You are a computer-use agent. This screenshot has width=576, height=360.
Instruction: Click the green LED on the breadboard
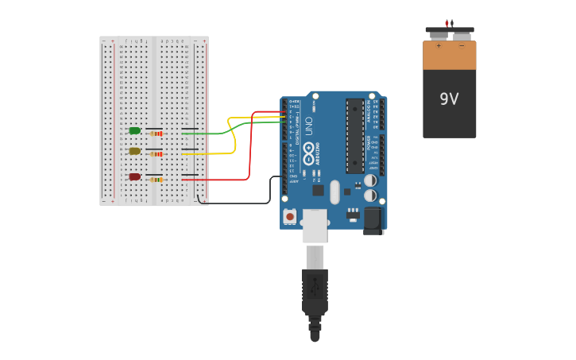pos(135,130)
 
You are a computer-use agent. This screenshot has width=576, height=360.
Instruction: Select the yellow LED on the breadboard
pos(135,151)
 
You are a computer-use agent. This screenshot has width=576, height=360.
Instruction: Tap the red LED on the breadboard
pos(135,176)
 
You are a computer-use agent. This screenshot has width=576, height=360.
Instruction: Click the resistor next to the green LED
pos(157,134)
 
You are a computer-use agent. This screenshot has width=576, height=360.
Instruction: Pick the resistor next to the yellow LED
pos(157,154)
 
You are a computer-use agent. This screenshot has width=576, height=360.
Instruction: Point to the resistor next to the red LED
pos(157,180)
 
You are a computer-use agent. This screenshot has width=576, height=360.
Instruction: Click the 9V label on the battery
pos(449,99)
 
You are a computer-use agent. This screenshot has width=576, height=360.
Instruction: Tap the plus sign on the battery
pos(438,46)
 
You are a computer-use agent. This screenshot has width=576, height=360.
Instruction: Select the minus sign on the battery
pos(462,46)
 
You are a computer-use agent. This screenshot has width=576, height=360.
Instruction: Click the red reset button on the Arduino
pos(290,216)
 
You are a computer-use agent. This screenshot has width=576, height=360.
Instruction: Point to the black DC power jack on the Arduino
pos(373,220)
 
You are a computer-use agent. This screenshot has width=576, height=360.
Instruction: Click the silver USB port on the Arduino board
pos(315,226)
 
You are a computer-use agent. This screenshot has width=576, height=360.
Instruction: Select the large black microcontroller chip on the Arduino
pos(355,135)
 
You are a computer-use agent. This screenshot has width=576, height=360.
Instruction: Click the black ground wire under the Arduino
pos(238,203)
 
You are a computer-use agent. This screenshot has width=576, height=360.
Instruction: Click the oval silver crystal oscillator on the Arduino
pos(334,192)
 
